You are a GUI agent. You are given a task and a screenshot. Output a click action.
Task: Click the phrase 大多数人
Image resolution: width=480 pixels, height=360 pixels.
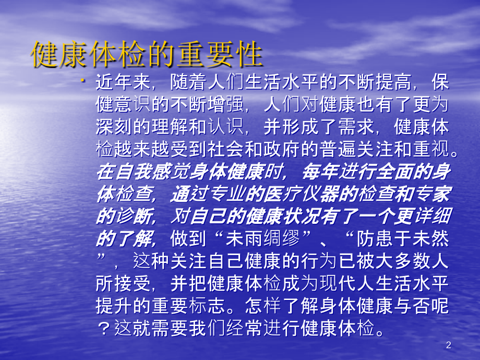coord(410,261)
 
